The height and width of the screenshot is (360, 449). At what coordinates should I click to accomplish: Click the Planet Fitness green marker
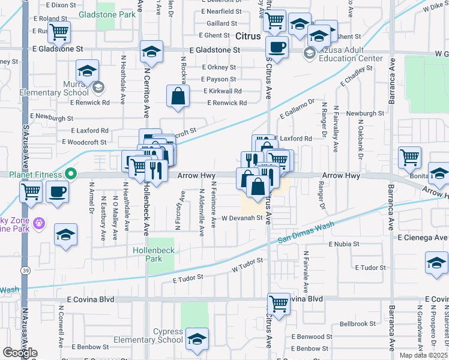pos(70,175)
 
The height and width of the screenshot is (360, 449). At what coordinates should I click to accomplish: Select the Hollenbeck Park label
pos(148,254)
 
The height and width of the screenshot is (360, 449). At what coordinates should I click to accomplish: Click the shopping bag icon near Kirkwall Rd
pos(178,96)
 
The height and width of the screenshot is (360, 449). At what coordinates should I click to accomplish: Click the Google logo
pos(20,353)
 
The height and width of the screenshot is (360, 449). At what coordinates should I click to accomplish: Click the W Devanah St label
pos(241,218)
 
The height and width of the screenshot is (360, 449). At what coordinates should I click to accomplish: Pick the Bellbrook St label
pos(357,323)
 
